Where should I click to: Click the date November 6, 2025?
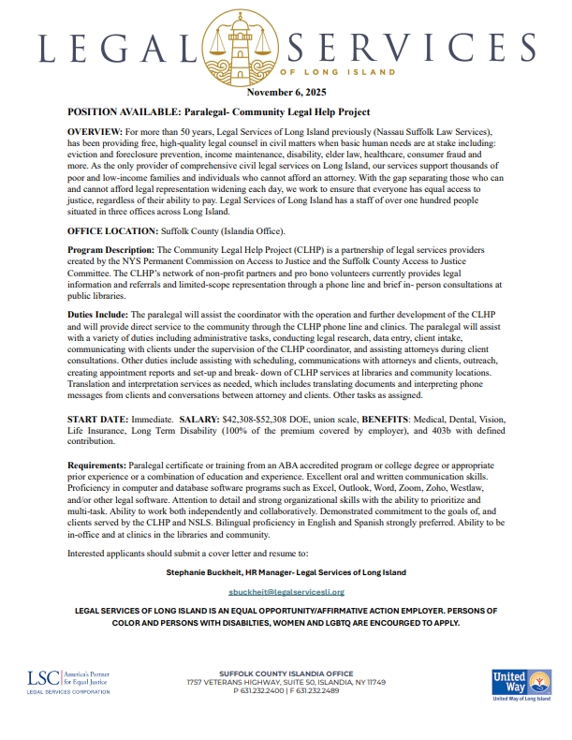click(x=286, y=94)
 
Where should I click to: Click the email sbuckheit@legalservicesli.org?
click(x=286, y=592)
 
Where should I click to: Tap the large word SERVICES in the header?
click(x=425, y=48)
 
